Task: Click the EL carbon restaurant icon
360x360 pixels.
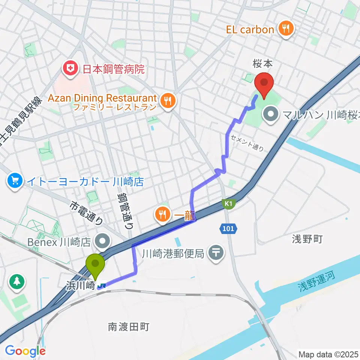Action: (x=286, y=30)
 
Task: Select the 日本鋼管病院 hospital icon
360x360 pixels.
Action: (x=69, y=69)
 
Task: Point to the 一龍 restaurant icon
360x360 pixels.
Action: (x=162, y=215)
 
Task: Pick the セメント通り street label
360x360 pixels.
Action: (x=247, y=142)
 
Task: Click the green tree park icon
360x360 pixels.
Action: (x=17, y=282)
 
